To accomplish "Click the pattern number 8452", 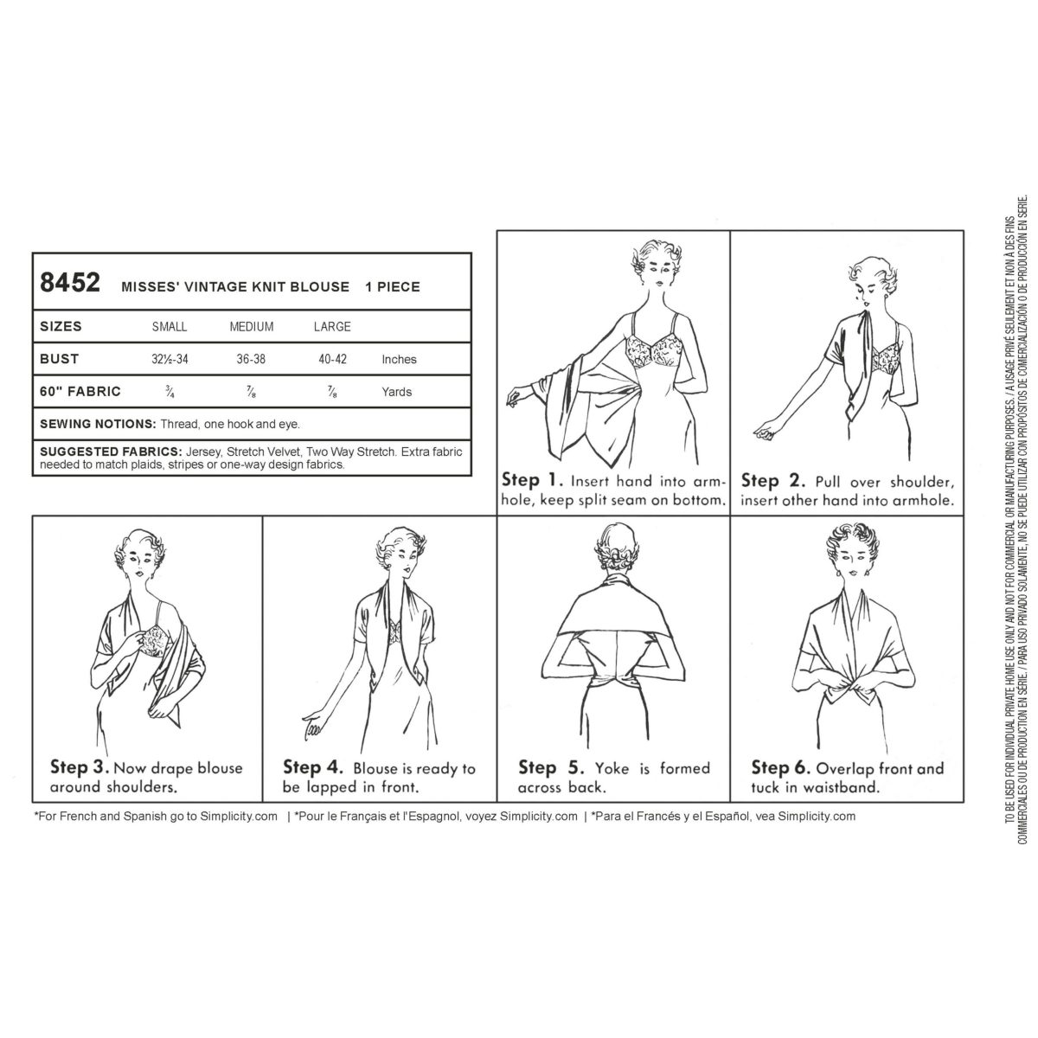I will [70, 284].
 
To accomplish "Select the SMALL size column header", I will [170, 327].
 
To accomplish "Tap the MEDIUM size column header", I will [251, 327].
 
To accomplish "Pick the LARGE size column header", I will [332, 327].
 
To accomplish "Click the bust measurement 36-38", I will [251, 359].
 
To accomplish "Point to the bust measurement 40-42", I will [332, 359].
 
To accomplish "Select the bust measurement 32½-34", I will [170, 359].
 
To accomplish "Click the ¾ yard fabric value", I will [170, 391].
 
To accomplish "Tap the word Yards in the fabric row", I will [397, 392].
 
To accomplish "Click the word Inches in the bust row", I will [399, 359].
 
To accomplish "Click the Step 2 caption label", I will [772, 480].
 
